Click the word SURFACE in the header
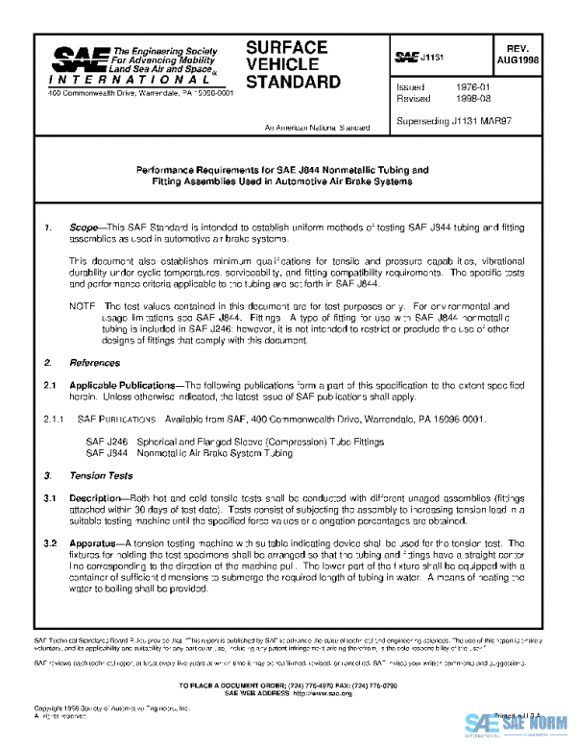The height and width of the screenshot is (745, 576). (287, 47)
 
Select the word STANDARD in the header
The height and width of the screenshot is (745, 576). (293, 82)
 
